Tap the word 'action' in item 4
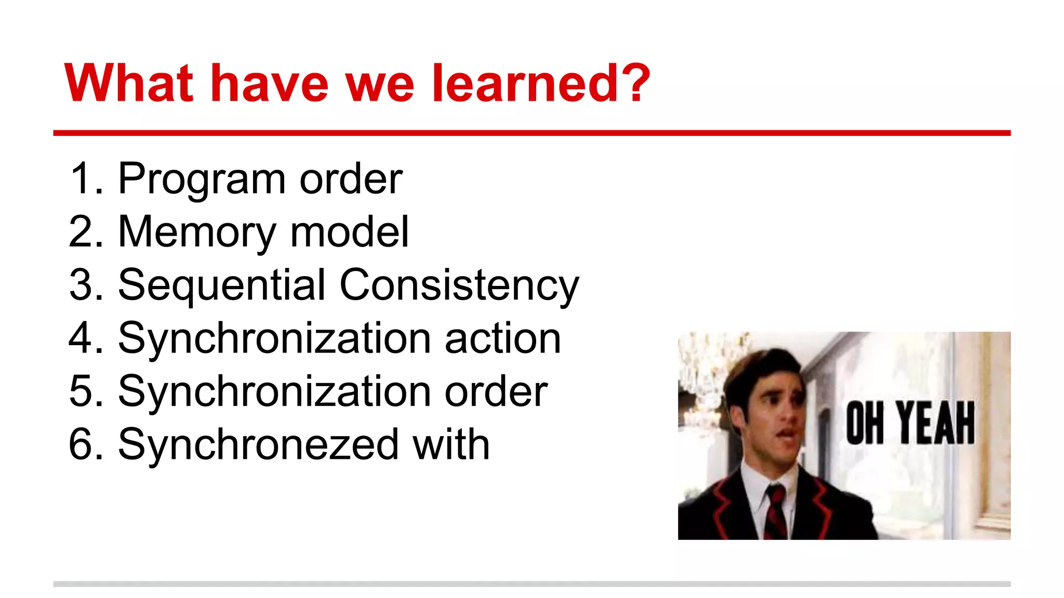[502, 338]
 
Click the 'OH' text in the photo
[864, 423]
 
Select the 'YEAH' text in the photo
[935, 423]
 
